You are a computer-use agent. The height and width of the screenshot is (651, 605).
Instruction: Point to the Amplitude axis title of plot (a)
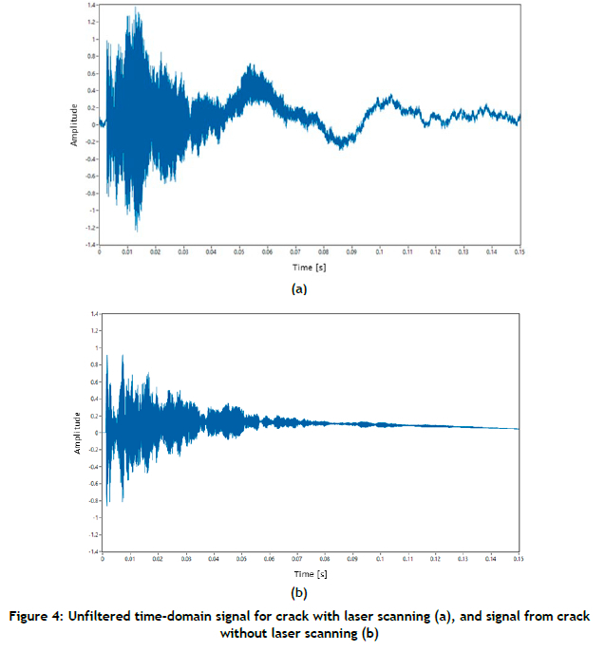tap(74, 124)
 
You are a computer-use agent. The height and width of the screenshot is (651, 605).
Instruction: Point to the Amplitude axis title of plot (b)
tap(77, 432)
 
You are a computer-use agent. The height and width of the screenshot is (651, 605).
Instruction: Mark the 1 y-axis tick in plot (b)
tap(95, 347)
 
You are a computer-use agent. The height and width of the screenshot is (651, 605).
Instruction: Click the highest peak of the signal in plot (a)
tap(137, 8)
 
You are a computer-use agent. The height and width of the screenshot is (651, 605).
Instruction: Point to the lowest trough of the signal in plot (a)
tap(137, 231)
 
